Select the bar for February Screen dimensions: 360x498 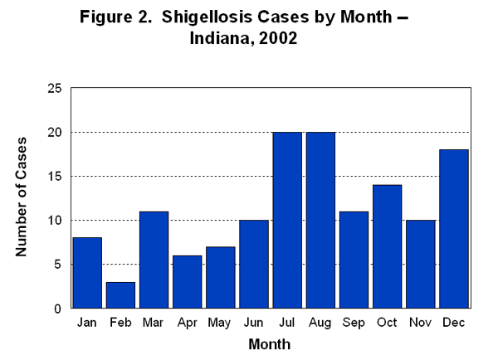pos(120,295)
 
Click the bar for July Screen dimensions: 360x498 pos(287,220)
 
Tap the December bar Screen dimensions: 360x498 pos(454,229)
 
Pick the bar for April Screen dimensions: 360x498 pos(187,282)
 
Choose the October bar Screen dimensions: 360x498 pos(388,246)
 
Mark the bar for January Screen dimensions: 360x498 pos(87,273)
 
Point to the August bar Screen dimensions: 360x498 pos(320,220)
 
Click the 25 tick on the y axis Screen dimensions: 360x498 pos(57,88)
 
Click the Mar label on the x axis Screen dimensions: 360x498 pos(154,322)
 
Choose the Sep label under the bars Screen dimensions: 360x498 pos(354,322)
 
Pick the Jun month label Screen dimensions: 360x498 pos(254,322)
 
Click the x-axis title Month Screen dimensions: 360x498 pos(270,343)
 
